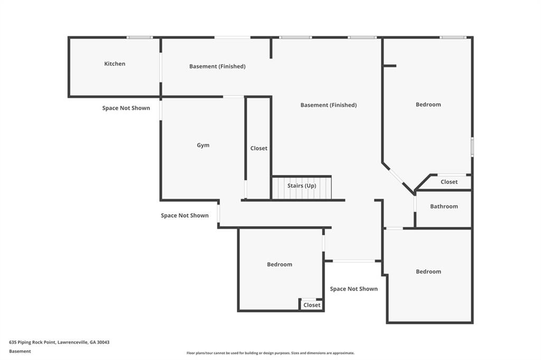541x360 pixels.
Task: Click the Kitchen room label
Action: (115, 63)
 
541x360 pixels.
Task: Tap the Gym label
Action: (203, 145)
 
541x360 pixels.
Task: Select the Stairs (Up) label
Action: (302, 186)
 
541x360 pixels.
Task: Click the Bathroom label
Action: (444, 206)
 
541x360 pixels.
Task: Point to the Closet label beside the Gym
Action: (259, 148)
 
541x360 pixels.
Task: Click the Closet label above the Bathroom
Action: (449, 182)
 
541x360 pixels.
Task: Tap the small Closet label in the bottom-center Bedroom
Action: (312, 305)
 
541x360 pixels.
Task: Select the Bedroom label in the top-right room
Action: (428, 105)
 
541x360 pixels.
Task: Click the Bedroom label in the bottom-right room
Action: (428, 272)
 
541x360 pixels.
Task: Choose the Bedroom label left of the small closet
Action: (279, 264)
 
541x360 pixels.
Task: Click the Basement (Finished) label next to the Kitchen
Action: (217, 66)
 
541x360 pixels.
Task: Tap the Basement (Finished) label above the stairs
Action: (329, 105)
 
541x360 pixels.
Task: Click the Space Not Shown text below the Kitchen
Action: (126, 108)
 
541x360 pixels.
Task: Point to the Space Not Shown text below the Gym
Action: (184, 215)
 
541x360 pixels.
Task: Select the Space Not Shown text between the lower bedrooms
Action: (353, 289)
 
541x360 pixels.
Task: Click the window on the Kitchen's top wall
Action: (139, 38)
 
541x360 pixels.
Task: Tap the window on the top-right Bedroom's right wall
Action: (472, 147)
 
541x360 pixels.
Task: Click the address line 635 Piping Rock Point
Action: (59, 343)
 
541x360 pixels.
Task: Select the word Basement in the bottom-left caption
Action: (20, 352)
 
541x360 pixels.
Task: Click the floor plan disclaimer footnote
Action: (270, 353)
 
